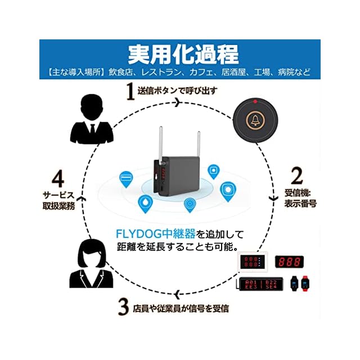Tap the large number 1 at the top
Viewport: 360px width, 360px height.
click(x=130, y=92)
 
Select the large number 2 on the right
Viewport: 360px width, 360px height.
click(x=297, y=176)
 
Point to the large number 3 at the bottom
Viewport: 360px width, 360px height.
click(x=124, y=307)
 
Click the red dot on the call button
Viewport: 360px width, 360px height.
click(x=255, y=102)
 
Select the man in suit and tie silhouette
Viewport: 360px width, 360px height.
click(x=91, y=119)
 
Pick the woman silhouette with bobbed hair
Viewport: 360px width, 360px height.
click(x=91, y=264)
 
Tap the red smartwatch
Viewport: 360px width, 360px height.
click(x=305, y=283)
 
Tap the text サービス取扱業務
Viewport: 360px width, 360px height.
click(x=58, y=201)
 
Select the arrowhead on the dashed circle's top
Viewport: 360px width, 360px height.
click(x=178, y=102)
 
